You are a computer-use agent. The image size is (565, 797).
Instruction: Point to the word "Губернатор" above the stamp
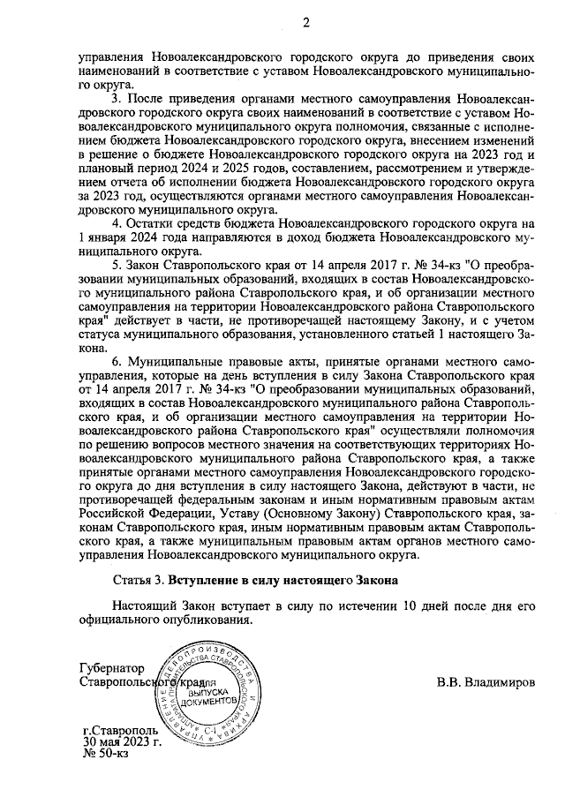tap(111, 668)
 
